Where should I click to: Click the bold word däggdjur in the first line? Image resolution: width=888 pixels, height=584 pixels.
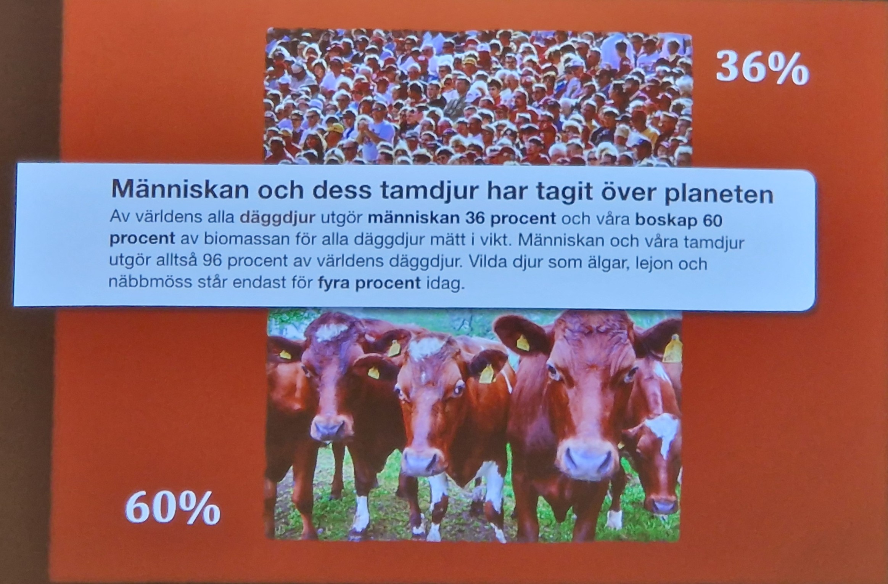277,219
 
